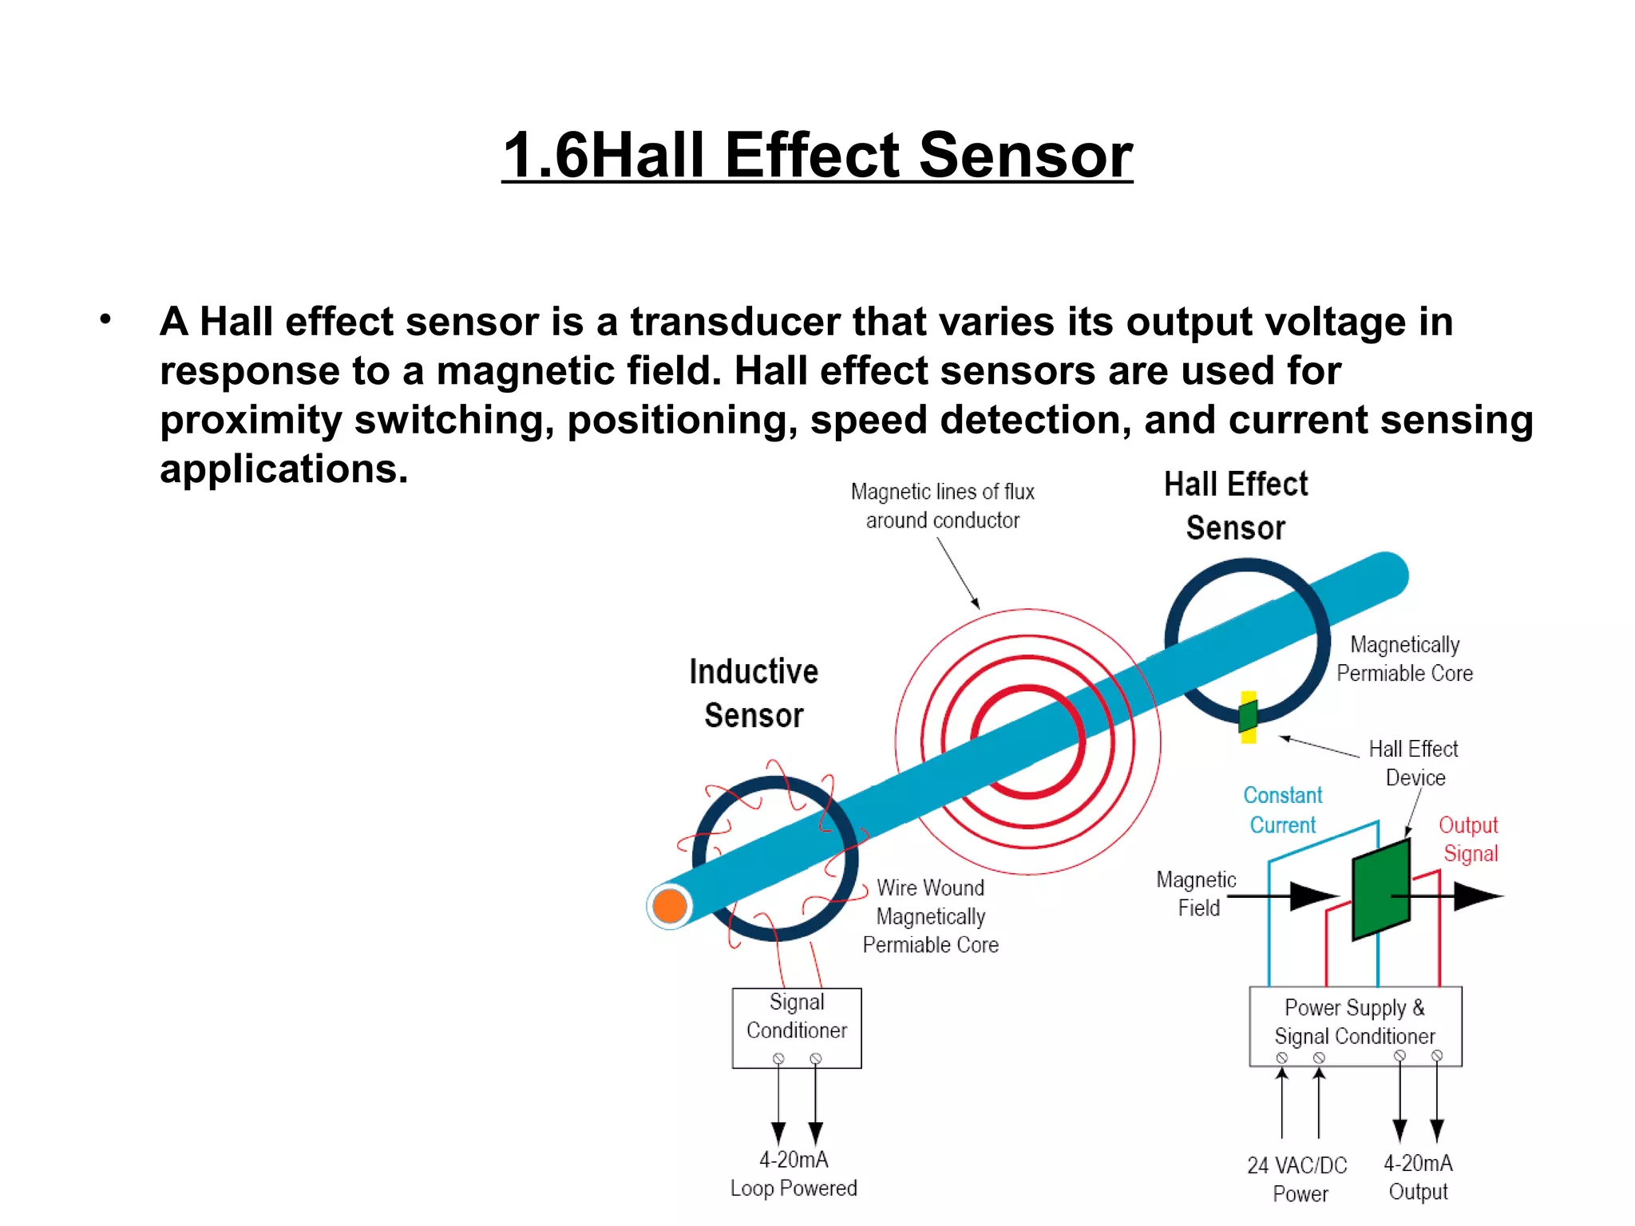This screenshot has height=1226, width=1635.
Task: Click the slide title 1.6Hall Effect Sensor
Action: [x=817, y=155]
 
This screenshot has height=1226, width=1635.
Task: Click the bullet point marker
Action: [x=105, y=320]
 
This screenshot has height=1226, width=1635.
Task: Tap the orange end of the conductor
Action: [x=670, y=906]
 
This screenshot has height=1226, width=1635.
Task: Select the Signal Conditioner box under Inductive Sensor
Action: [x=797, y=1027]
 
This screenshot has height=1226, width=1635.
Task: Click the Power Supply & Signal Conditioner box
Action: [x=1355, y=1026]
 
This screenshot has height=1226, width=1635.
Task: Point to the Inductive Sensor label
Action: [x=754, y=694]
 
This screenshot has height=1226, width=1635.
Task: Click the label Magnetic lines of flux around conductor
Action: [x=942, y=506]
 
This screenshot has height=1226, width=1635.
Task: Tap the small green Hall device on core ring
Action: [x=1248, y=715]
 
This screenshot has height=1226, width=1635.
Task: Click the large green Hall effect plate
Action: [x=1381, y=888]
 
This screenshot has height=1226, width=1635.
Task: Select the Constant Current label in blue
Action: [x=1282, y=809]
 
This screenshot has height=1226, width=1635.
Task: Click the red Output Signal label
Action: [x=1469, y=839]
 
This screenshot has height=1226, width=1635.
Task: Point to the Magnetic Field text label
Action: [x=1196, y=894]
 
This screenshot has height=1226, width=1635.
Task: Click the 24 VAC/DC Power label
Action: [x=1297, y=1179]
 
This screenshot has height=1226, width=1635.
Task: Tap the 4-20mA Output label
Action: [x=1418, y=1177]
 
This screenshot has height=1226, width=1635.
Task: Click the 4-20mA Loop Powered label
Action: [x=794, y=1174]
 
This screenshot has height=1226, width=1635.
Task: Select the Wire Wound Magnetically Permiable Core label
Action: [x=930, y=916]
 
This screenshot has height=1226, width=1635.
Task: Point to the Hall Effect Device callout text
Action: [x=1414, y=763]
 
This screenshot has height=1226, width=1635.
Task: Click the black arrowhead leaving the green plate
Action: [x=1477, y=896]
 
